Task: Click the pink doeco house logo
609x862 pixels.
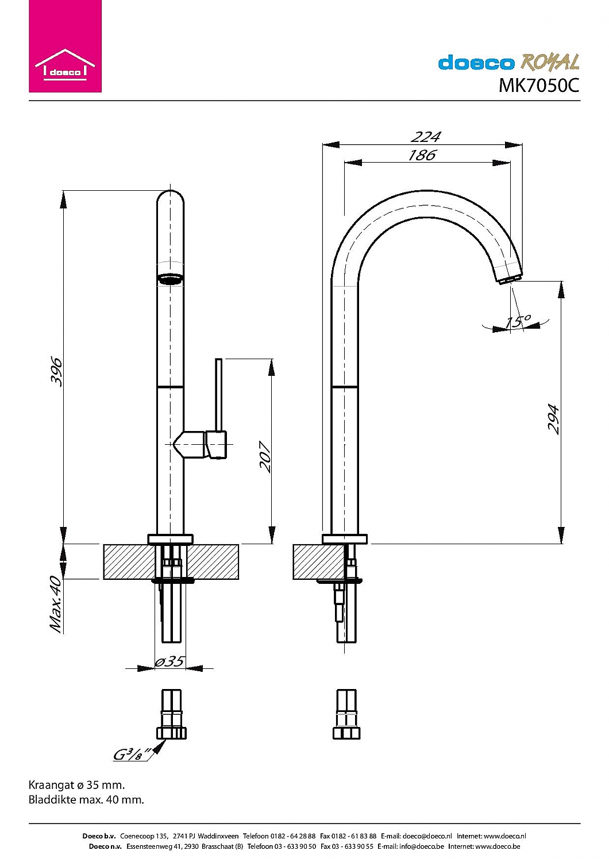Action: tap(65, 47)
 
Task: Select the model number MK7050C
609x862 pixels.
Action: tap(538, 86)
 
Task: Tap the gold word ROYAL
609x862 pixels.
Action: tap(550, 62)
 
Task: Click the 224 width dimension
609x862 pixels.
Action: tap(426, 137)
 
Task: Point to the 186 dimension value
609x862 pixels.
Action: tap(422, 155)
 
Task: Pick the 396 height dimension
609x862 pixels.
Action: tap(56, 371)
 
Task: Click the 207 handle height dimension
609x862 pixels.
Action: tap(265, 456)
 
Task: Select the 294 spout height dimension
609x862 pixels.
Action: tap(553, 419)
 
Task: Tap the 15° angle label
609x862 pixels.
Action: tap(518, 321)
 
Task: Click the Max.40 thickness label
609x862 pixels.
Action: tap(56, 604)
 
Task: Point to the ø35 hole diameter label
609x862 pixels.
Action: tap(169, 661)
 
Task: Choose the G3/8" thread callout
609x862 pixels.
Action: tap(132, 754)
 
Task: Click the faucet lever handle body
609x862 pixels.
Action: tap(217, 445)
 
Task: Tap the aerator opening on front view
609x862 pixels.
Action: tap(171, 280)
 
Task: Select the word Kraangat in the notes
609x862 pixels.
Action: tap(52, 785)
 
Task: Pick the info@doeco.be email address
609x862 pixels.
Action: tap(421, 846)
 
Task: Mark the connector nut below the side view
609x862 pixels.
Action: tap(346, 733)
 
